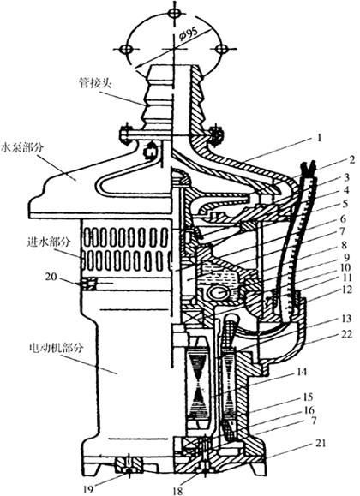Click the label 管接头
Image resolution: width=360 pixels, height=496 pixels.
coord(96,83)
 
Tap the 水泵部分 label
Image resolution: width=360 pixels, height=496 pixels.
coord(21,148)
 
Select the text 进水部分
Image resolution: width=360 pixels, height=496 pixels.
coord(47,242)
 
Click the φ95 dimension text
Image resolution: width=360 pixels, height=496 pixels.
coord(189,34)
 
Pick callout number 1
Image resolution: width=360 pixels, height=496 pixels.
coord(320,138)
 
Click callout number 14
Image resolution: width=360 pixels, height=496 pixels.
coord(301,372)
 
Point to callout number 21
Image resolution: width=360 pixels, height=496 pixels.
coord(320,443)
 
